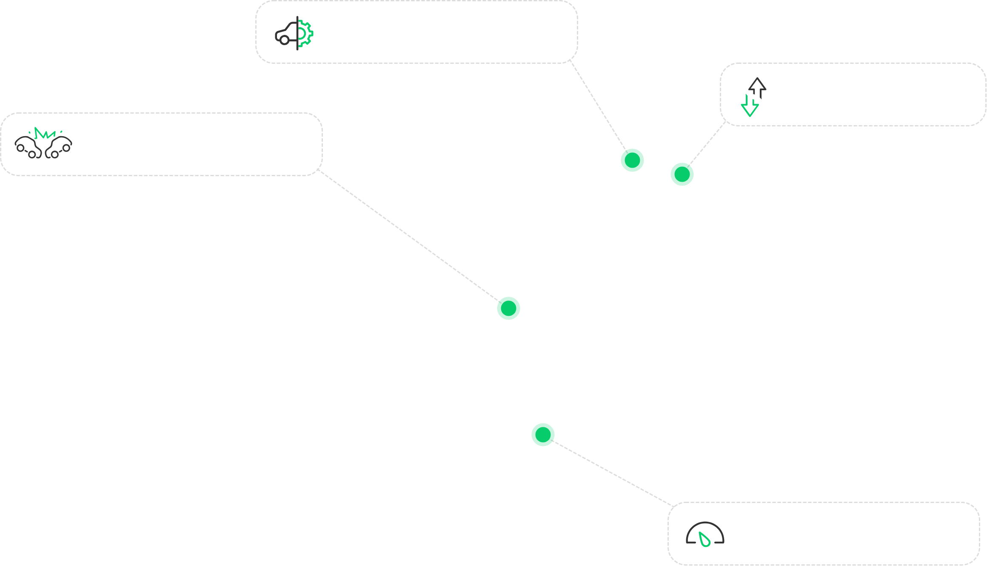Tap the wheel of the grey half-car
coord(285,40)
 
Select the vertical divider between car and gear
coord(297,33)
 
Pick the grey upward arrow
coord(757,86)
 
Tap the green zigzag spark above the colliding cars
coord(45,134)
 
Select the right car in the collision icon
coord(59,147)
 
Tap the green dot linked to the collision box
coord(508,308)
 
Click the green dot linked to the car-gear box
coord(632,160)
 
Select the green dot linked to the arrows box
coord(682,174)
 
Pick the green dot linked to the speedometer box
coord(543,435)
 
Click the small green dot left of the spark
coord(29,132)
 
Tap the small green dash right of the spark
coord(61,132)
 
